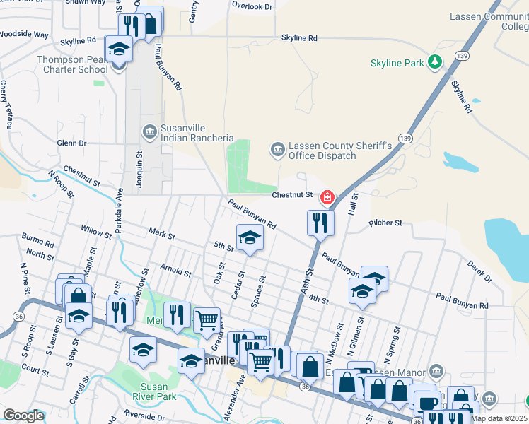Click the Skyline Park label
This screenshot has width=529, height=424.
click(397, 64)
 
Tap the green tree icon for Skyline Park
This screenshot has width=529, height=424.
click(433, 63)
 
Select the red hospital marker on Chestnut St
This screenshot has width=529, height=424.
click(327, 197)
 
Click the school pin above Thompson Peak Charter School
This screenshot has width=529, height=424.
click(119, 49)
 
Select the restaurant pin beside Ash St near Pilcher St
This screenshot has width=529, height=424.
click(320, 223)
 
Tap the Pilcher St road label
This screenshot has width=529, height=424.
click(385, 223)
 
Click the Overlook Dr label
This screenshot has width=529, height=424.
click(252, 6)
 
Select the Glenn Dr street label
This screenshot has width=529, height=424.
click(71, 143)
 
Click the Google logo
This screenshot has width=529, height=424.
click(24, 416)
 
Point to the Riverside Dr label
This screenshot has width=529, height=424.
click(144, 413)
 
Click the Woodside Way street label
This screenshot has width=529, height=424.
click(24, 34)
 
